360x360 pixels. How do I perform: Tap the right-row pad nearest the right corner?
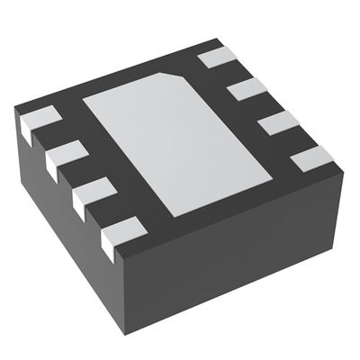312,158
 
